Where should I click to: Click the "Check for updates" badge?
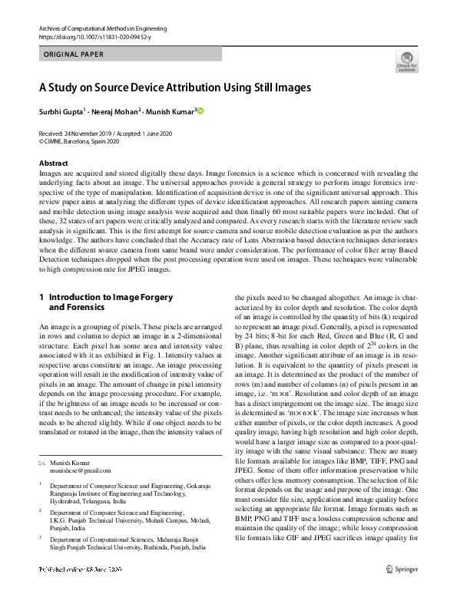pos(406,62)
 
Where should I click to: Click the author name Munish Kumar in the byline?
pos(172,111)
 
